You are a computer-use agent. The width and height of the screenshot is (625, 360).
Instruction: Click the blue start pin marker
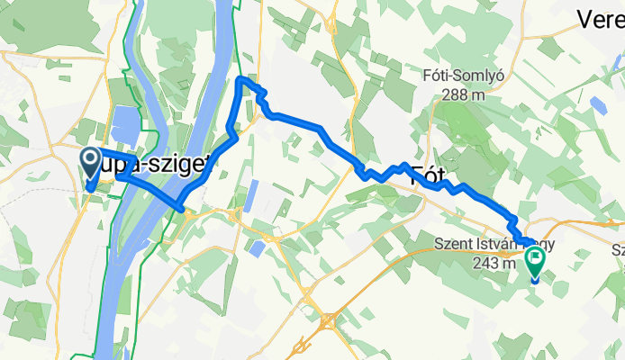91,163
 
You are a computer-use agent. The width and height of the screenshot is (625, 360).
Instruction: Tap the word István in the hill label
501,242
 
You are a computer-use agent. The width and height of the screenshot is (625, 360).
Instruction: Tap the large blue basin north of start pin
123,126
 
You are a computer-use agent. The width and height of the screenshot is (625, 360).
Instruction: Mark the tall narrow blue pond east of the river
252,196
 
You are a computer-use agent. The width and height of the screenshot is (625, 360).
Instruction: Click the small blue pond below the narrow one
258,247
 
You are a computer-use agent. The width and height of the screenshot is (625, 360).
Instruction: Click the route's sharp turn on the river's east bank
183,210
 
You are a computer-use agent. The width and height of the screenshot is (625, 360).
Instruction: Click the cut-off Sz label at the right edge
618,249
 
